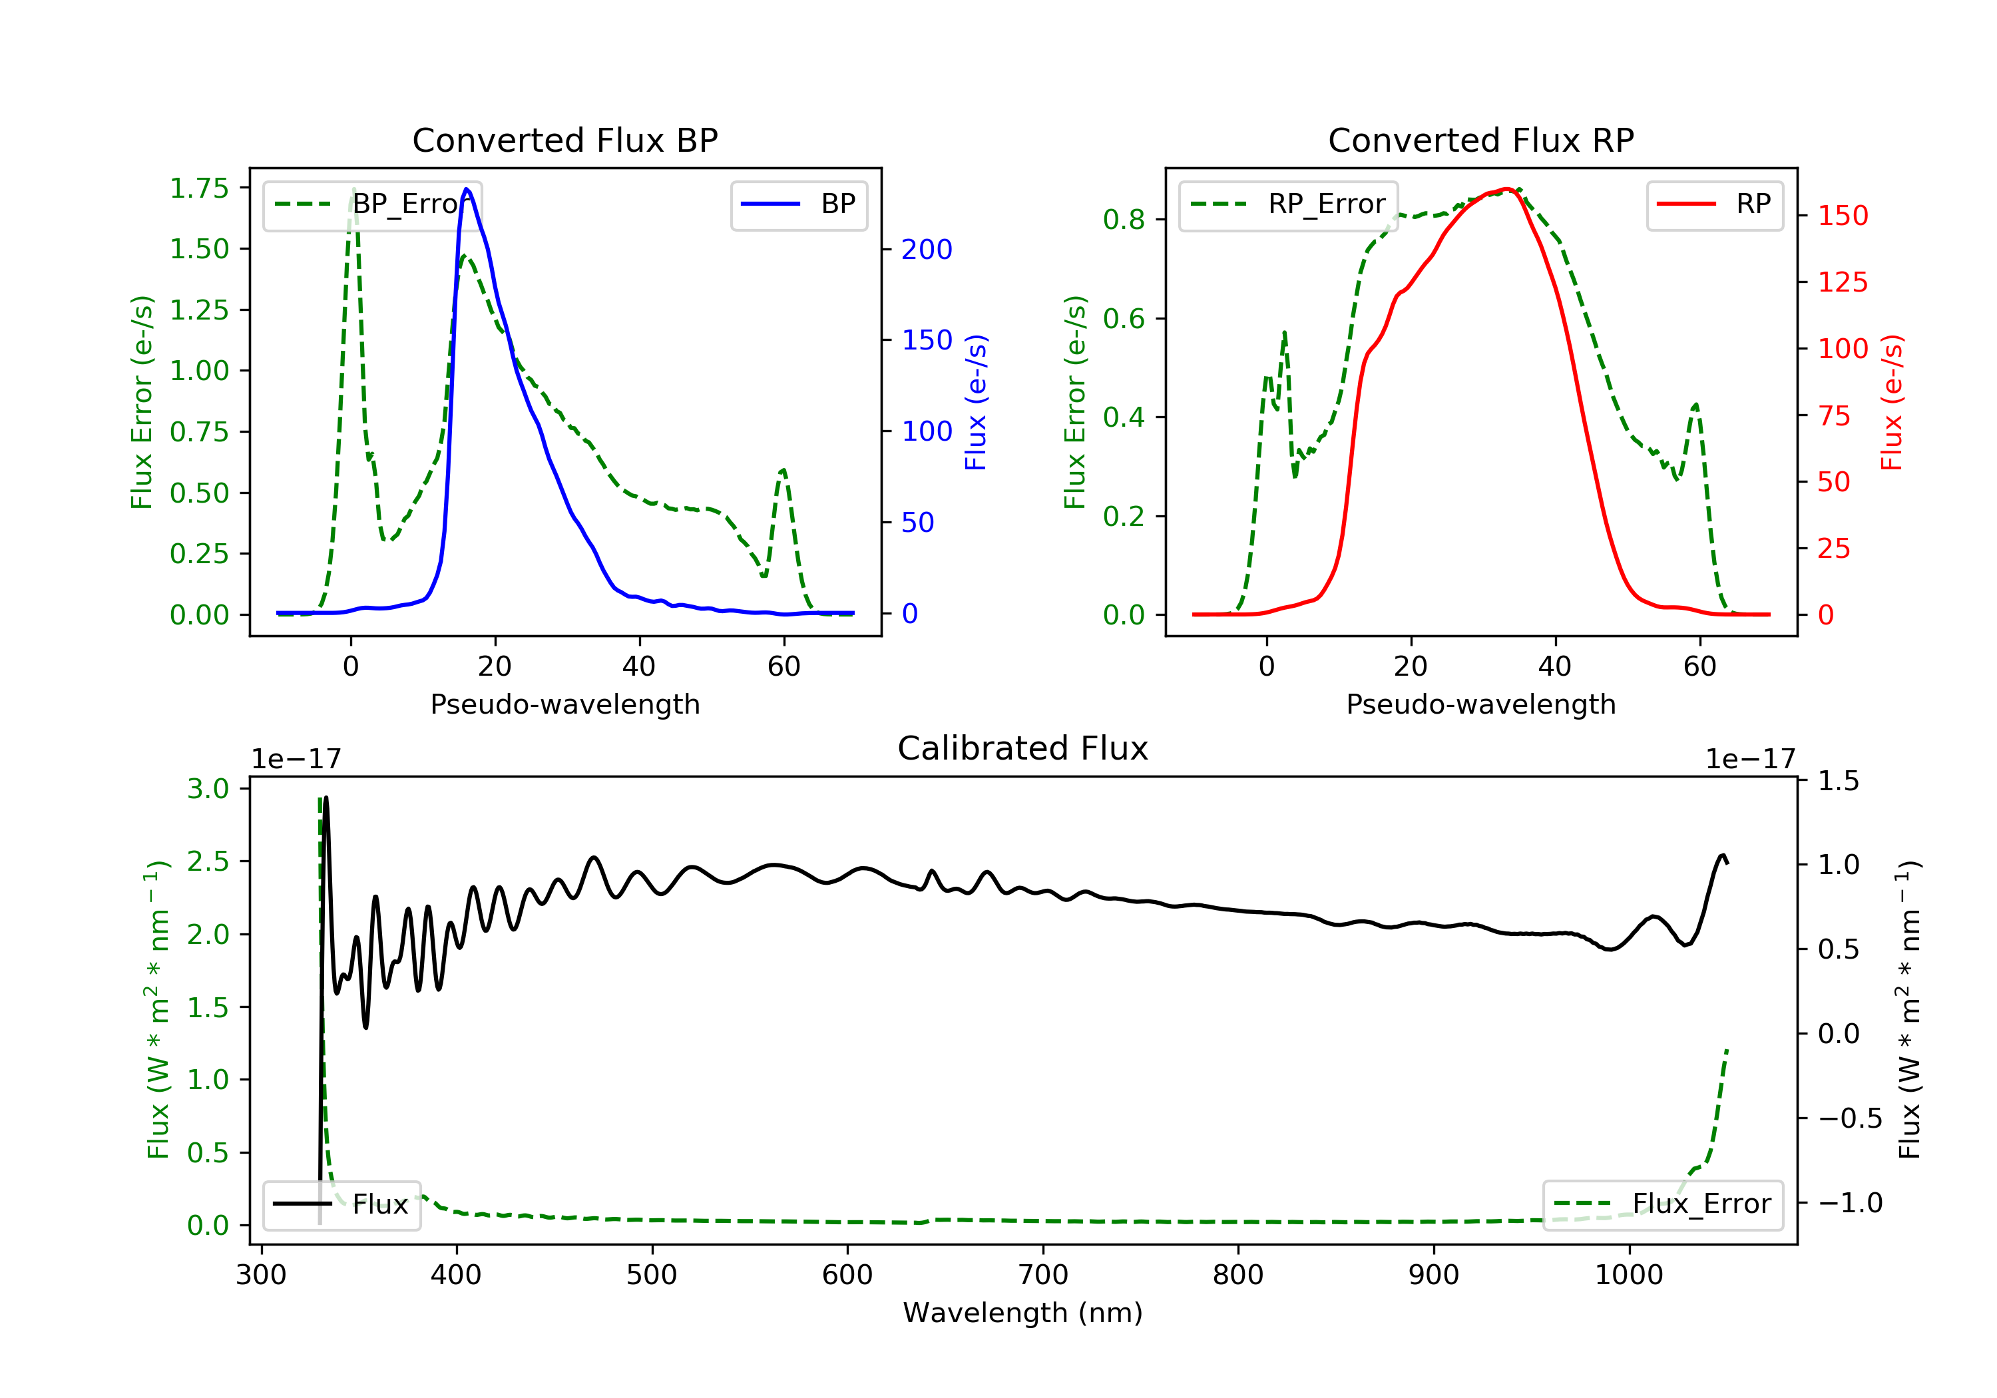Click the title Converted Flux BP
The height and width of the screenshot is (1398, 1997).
pos(564,140)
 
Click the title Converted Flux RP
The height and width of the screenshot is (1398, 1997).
pos(1480,140)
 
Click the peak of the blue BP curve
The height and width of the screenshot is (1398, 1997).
pos(467,189)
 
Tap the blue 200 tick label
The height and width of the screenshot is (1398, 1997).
pos(927,250)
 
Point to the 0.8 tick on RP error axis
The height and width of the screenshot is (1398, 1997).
pos(1124,219)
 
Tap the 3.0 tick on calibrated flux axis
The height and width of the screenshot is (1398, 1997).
pos(208,789)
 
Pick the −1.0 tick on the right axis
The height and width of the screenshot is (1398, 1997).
pos(1850,1203)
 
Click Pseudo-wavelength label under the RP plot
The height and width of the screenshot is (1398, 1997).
pos(1480,704)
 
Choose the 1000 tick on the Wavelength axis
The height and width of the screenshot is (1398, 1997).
pos(1628,1276)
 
